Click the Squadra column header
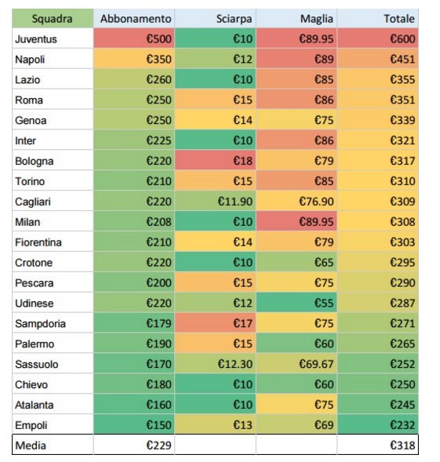coord(53,19)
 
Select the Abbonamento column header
coord(134,19)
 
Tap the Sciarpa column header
coord(216,19)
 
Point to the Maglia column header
coord(296,19)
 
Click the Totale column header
coord(378,19)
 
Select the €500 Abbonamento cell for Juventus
coord(134,38)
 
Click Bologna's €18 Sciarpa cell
coord(216,161)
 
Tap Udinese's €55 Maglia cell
coord(296,303)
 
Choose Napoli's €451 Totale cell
coord(378,59)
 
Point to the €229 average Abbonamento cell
coord(134,445)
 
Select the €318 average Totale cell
coord(378,445)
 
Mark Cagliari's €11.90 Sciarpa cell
coord(216,202)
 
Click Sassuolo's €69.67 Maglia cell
coord(296,364)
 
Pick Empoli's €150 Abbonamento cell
coord(134,425)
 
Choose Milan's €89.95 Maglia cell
coord(296,221)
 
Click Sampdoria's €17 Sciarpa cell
coord(216,323)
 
